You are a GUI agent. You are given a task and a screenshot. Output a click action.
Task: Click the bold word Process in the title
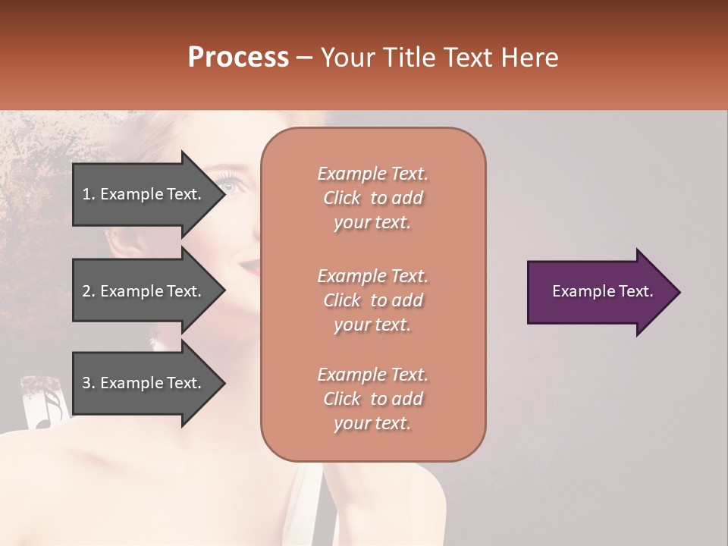238,58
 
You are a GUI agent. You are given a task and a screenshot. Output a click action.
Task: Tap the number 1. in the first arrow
89,194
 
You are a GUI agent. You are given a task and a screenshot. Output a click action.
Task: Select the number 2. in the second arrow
89,291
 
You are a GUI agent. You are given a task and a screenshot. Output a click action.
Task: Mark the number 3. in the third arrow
89,383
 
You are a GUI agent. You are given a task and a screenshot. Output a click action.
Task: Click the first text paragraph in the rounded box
372,198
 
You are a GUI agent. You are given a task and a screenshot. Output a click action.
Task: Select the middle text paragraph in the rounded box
372,300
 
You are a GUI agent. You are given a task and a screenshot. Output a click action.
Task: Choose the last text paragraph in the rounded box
372,399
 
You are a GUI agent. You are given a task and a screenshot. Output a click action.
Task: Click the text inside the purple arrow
602,291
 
